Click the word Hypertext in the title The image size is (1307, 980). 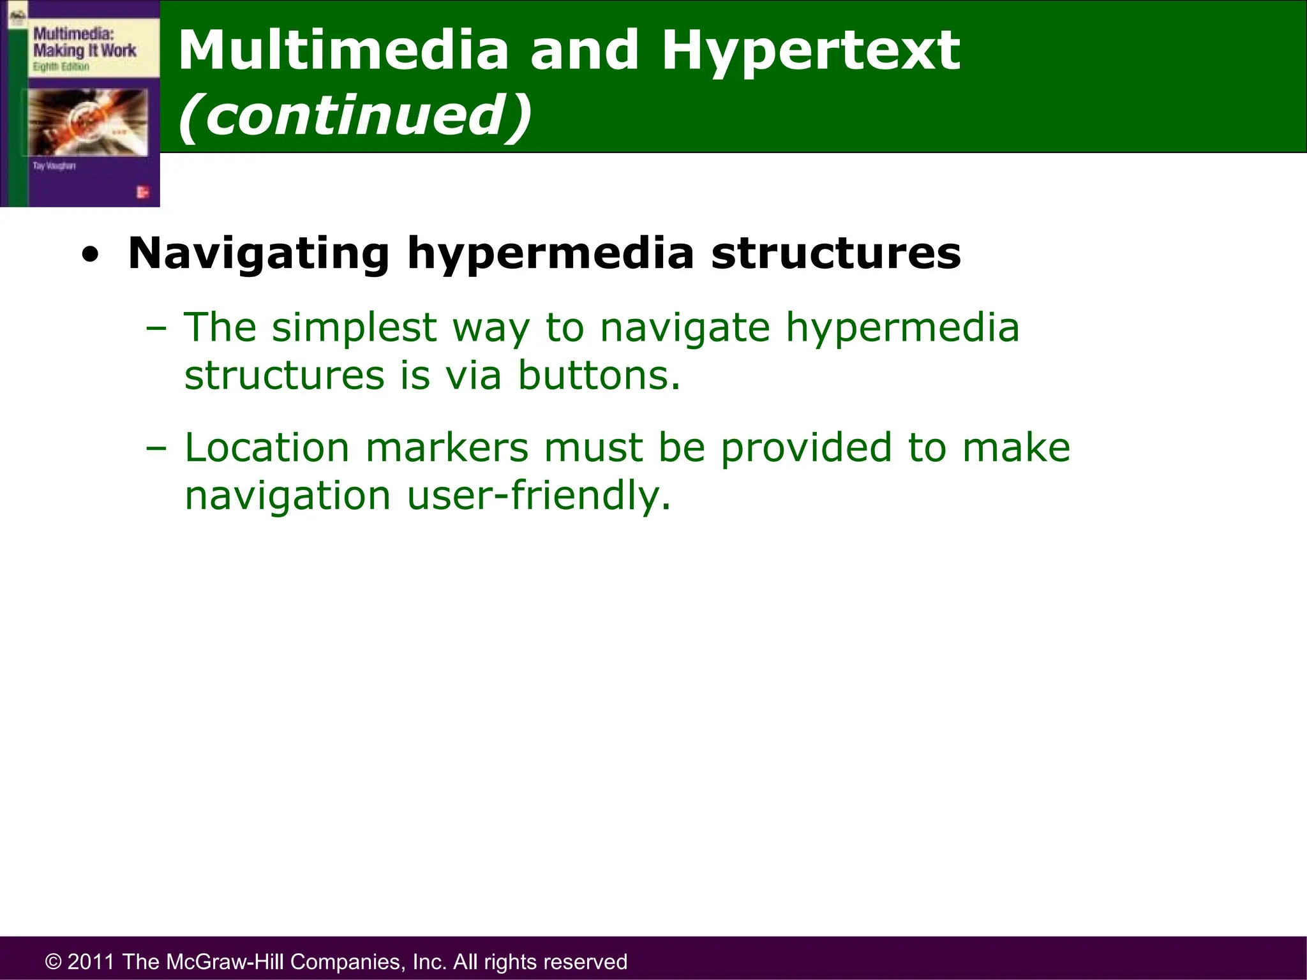[x=810, y=51]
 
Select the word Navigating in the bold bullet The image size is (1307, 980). [x=258, y=254]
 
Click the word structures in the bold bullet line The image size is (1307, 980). [x=836, y=253]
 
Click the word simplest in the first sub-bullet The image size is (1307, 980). [x=354, y=328]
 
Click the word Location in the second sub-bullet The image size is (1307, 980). [x=267, y=447]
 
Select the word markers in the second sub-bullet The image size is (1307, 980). [x=447, y=447]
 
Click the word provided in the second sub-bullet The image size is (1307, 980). [x=805, y=447]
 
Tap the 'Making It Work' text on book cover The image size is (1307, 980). [x=84, y=50]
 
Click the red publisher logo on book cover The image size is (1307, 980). [x=142, y=192]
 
